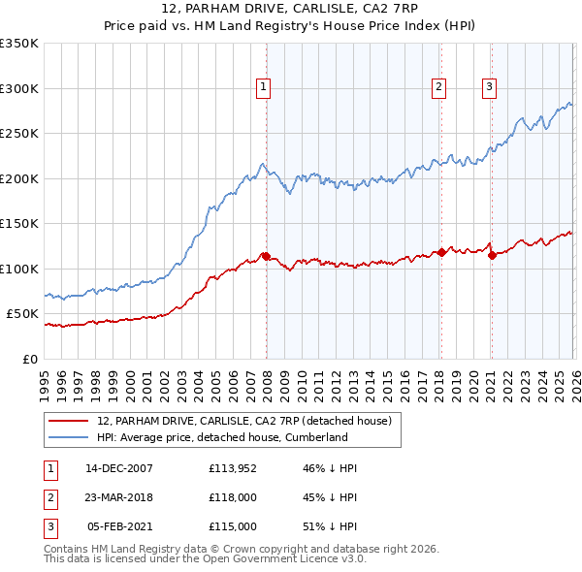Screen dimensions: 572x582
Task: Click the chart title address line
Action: coord(290,11)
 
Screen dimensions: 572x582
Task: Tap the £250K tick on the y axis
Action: coord(19,134)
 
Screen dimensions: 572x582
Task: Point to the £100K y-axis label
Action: coord(19,269)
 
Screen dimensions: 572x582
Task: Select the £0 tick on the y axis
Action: coord(30,359)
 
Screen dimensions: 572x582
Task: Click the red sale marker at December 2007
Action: coord(266,256)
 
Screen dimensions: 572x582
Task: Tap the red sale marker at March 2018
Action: coord(441,252)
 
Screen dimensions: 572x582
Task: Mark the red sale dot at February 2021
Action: coord(491,255)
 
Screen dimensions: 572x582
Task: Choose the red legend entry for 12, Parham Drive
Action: coord(243,421)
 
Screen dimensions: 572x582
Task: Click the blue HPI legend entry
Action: coord(221,437)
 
